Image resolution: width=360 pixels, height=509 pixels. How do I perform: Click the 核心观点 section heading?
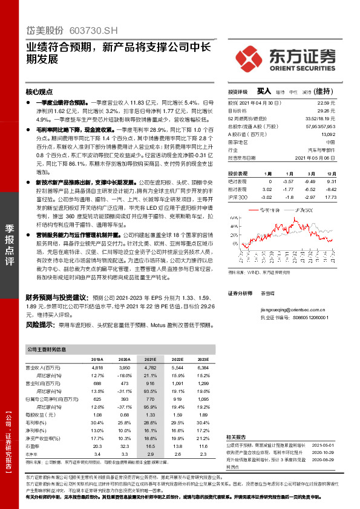[x=39, y=92]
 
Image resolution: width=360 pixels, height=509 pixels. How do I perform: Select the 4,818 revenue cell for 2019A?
[x=97, y=367]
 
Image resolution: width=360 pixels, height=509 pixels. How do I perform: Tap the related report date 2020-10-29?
[x=324, y=451]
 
